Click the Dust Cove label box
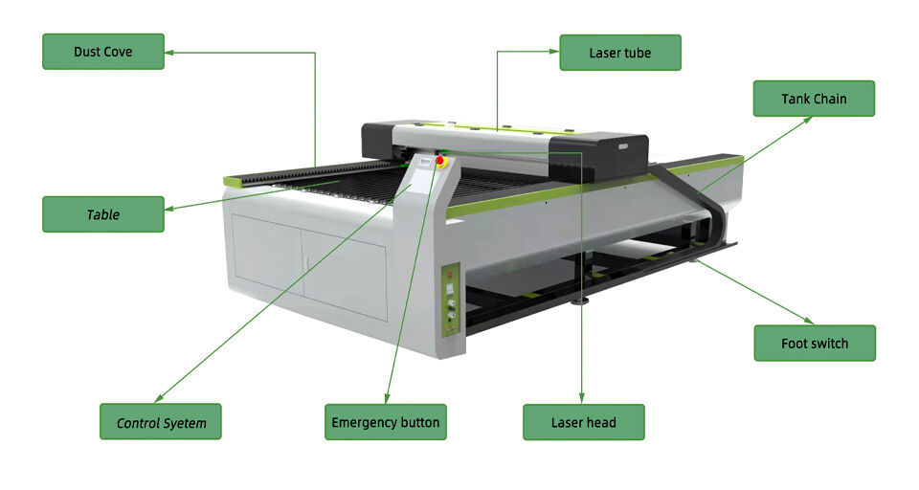click(x=103, y=52)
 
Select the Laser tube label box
click(x=620, y=53)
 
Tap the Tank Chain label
click(x=814, y=99)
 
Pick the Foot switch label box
click(x=815, y=344)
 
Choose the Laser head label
click(x=584, y=422)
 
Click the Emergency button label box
click(x=386, y=422)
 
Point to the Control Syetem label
click(x=161, y=421)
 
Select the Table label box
click(x=103, y=214)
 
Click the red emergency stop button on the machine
click(x=439, y=161)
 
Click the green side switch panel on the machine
click(x=450, y=301)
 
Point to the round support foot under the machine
click(x=580, y=301)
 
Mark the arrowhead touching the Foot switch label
click(x=809, y=321)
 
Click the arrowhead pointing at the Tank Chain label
click(x=807, y=121)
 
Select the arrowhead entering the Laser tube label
click(x=554, y=52)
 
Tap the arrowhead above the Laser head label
click(x=582, y=398)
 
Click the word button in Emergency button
click(x=419, y=422)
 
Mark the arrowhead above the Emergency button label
click(x=387, y=398)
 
